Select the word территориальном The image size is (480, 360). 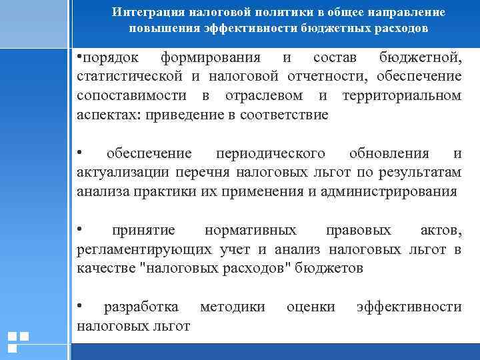pyautogui.click(x=401, y=95)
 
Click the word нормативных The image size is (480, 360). pyautogui.click(x=251, y=231)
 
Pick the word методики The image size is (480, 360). pyautogui.click(x=232, y=307)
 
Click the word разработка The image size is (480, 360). pyautogui.click(x=141, y=307)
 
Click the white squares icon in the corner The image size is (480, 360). pyautogui.click(x=18, y=341)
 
